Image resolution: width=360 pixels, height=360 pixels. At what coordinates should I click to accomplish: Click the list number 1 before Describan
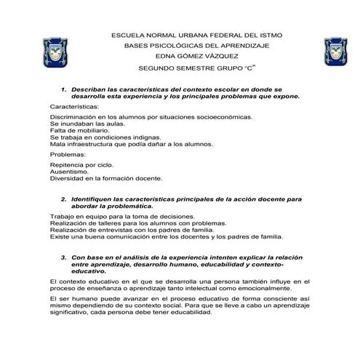click(64, 88)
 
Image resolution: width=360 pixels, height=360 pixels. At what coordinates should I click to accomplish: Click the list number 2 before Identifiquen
click(64, 199)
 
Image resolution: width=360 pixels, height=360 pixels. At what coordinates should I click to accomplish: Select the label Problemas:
click(67, 155)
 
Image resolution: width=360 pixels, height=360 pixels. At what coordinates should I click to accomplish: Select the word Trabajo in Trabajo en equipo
click(62, 217)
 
